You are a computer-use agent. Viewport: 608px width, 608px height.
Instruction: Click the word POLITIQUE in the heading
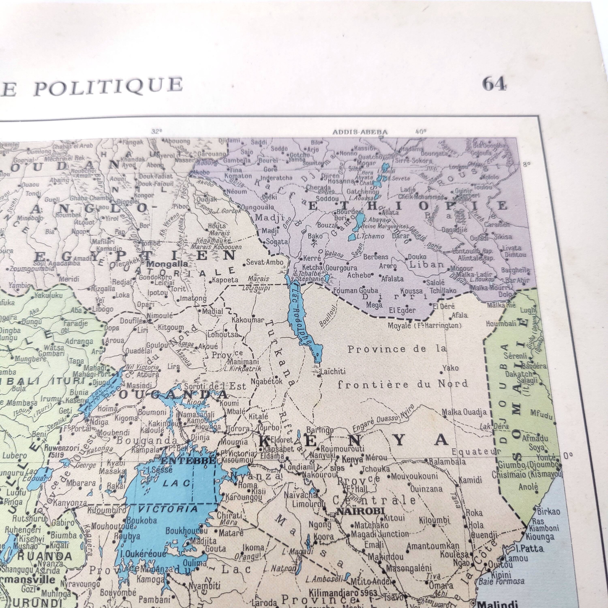[x=108, y=86]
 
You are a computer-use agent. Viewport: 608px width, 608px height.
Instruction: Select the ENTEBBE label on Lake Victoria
[x=188, y=461]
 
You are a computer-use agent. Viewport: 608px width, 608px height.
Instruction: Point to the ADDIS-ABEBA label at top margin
[x=360, y=132]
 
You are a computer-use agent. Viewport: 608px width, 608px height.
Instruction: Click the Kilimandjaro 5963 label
[x=343, y=593]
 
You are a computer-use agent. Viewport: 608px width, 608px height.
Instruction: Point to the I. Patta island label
[x=529, y=549]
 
